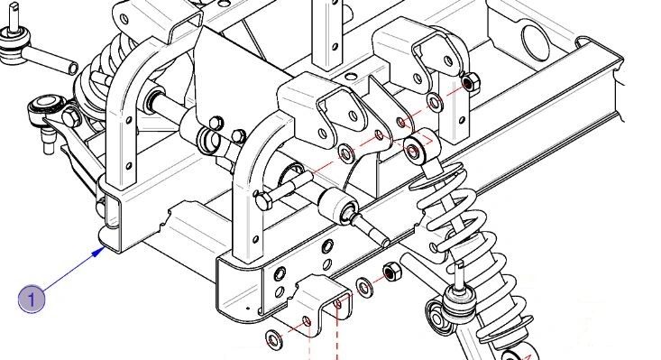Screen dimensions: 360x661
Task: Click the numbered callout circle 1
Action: point(32,299)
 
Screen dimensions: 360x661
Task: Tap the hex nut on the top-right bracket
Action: point(468,83)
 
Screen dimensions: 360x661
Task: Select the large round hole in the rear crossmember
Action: point(532,41)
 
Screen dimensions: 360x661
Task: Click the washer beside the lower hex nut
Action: point(364,289)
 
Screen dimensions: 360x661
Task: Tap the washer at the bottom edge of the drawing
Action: point(271,341)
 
